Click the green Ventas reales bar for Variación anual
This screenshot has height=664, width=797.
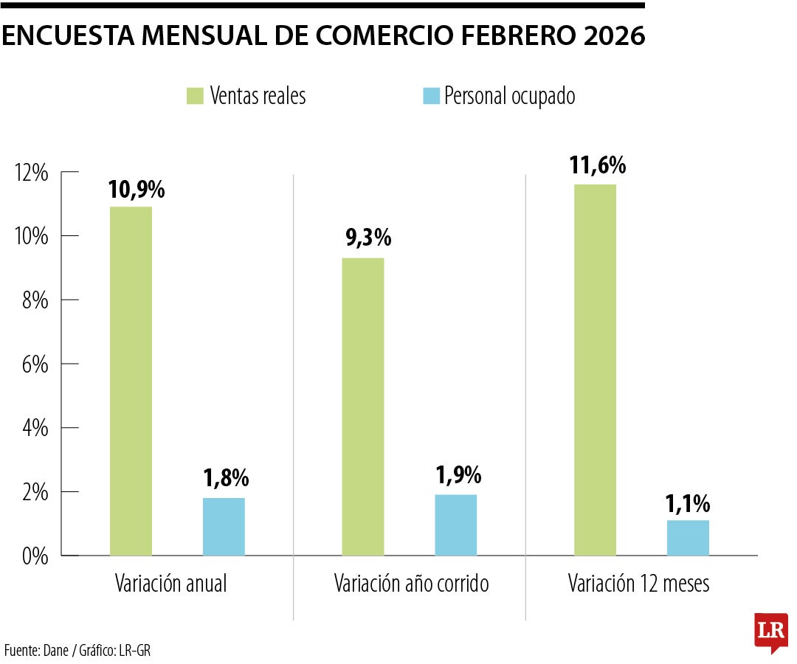tap(131, 381)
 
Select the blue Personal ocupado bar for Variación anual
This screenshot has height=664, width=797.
tap(224, 527)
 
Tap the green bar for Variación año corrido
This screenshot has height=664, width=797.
tap(362, 407)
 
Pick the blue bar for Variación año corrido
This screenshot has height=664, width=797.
tap(455, 525)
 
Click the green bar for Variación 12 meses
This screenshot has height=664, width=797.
tap(595, 370)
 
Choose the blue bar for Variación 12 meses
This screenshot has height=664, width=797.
tap(688, 538)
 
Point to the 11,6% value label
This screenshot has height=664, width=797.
tap(597, 165)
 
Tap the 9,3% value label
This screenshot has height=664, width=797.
tap(368, 238)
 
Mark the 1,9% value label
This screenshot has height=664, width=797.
tap(458, 476)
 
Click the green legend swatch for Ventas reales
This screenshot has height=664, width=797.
tap(195, 96)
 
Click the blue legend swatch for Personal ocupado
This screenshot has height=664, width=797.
tap(431, 96)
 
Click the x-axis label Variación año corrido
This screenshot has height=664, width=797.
tap(411, 584)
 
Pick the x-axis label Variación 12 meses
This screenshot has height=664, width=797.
tap(638, 584)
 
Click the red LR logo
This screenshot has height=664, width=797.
tap(770, 632)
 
